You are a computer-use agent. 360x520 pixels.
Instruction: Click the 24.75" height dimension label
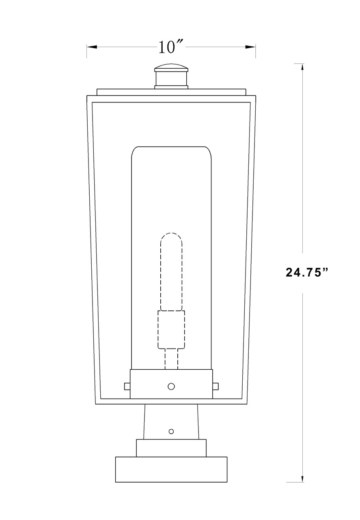(306, 272)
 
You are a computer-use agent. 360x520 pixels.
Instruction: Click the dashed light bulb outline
(171, 272)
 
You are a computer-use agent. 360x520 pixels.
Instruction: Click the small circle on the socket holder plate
(171, 386)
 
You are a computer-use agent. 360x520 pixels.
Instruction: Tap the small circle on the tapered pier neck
(171, 431)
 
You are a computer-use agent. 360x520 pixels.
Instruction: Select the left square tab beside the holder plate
(127, 386)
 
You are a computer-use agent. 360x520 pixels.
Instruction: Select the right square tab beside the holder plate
(216, 386)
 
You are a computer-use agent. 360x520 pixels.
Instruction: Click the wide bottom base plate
(171, 469)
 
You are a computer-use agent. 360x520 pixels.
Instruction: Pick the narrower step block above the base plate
(171, 448)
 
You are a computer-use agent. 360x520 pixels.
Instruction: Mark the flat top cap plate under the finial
(171, 92)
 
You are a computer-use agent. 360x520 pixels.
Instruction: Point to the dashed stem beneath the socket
(171, 358)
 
